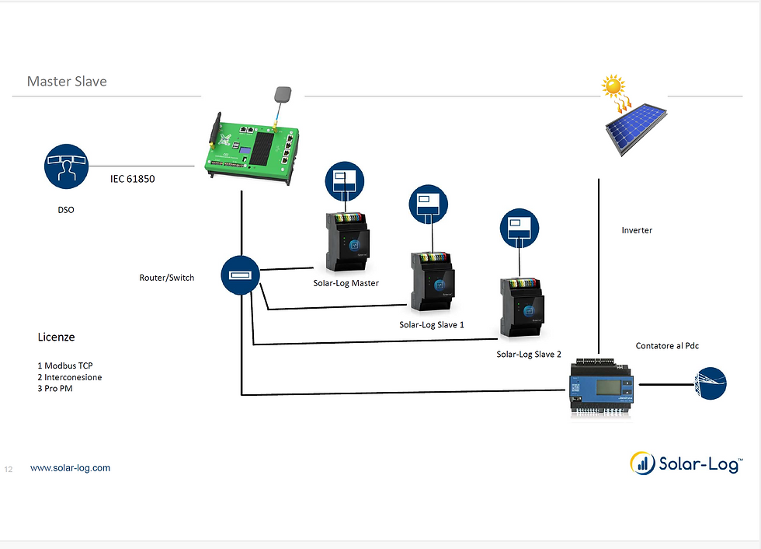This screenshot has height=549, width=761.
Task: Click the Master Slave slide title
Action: pyautogui.click(x=67, y=82)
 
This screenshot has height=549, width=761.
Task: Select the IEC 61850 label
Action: pyautogui.click(x=132, y=179)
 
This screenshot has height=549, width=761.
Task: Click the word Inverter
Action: pyautogui.click(x=637, y=230)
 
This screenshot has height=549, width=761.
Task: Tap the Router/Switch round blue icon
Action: pyautogui.click(x=241, y=275)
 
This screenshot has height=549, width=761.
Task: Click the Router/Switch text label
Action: pyautogui.click(x=167, y=278)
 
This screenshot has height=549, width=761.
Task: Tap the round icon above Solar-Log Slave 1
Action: pyautogui.click(x=429, y=206)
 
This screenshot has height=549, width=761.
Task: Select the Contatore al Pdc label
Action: pyautogui.click(x=667, y=345)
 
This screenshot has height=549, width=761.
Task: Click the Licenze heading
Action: pyautogui.click(x=57, y=337)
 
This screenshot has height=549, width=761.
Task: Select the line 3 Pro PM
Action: pyautogui.click(x=55, y=388)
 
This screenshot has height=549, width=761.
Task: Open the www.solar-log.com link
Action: pyautogui.click(x=70, y=468)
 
